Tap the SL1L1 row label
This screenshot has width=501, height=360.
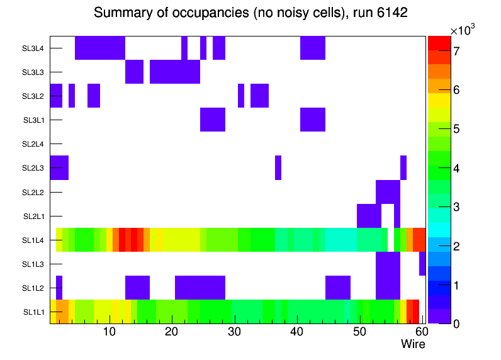(34, 312)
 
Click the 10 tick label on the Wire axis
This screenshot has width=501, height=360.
(109, 332)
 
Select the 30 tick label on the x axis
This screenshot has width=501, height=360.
(234, 332)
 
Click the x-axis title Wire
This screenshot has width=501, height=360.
(413, 344)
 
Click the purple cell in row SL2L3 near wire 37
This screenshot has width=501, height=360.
(278, 167)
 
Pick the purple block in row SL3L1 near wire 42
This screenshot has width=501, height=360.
(313, 120)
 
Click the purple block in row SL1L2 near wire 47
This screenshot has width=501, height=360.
(338, 288)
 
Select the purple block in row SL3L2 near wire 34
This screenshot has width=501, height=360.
(259, 96)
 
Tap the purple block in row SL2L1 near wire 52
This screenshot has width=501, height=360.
(369, 216)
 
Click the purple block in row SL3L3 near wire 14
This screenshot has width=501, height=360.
(134, 72)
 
